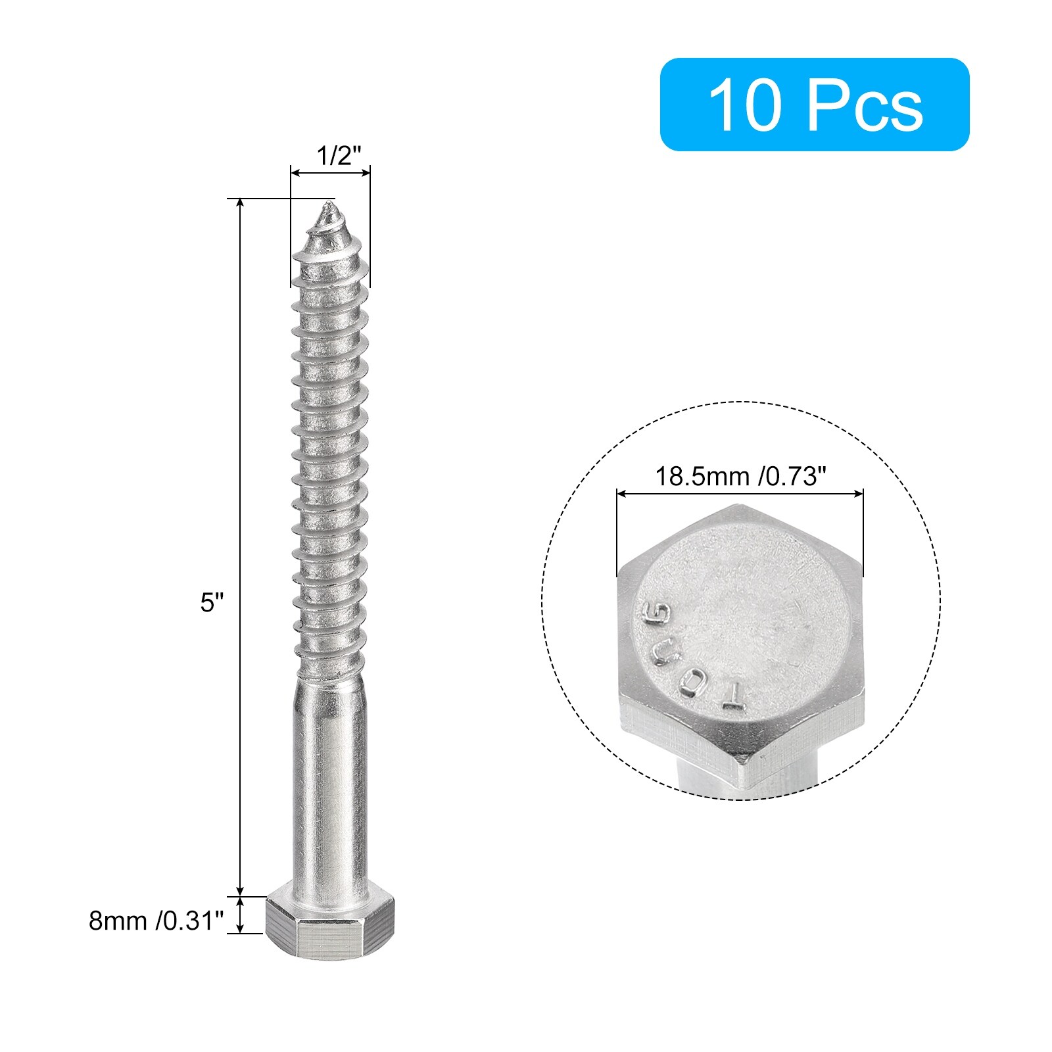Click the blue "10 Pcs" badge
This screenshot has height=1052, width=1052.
tap(814, 105)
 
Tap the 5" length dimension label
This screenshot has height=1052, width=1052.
tap(212, 602)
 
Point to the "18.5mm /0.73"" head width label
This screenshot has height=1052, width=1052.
tap(740, 475)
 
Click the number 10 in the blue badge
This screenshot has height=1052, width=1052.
tap(747, 105)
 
